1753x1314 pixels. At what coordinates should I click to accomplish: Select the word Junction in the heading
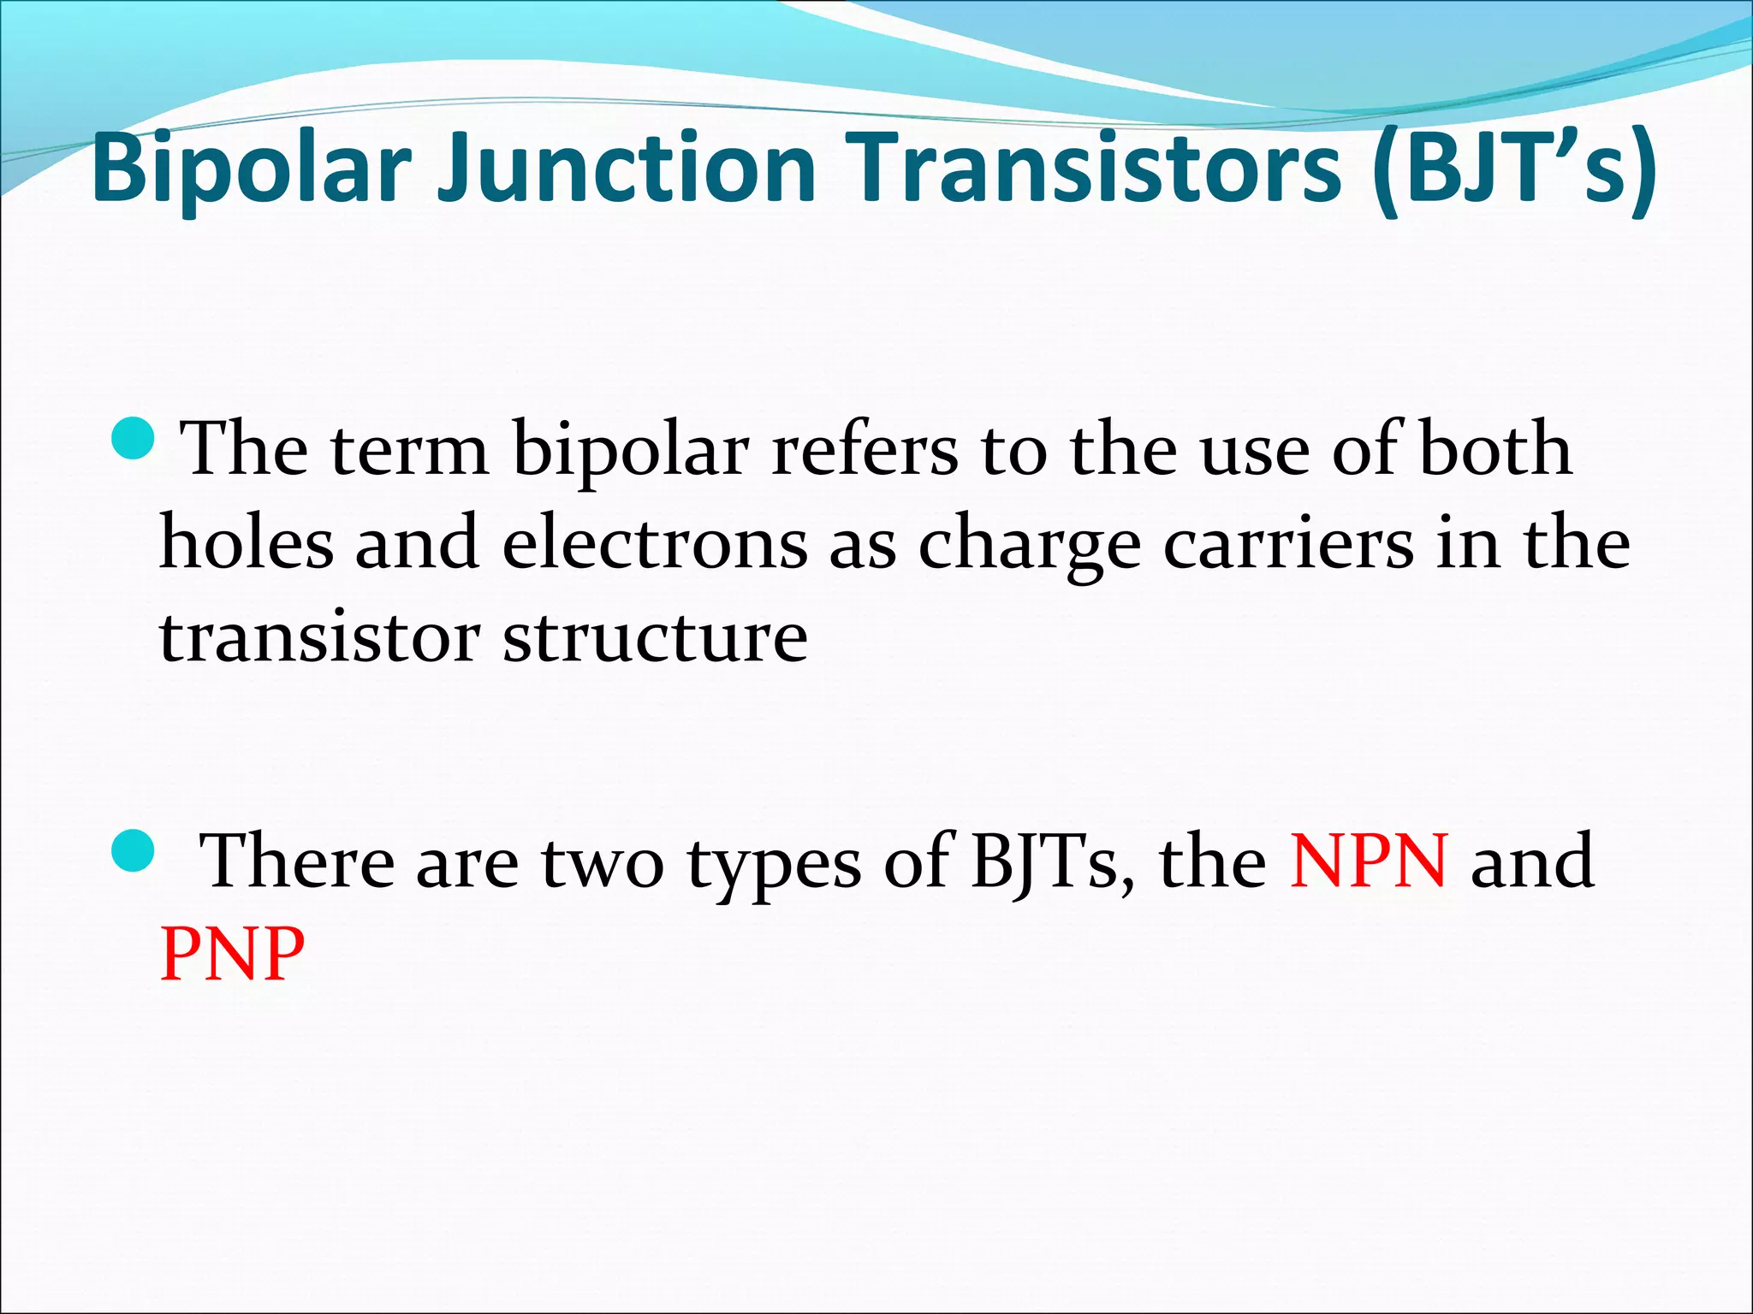pos(626,169)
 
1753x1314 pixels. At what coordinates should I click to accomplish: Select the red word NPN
pos(1369,861)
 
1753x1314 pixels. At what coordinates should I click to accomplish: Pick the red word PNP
pos(232,953)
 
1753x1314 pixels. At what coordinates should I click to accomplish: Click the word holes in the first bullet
pos(247,544)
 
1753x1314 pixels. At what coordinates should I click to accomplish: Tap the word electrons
pos(655,544)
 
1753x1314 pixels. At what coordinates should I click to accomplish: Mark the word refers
pos(865,451)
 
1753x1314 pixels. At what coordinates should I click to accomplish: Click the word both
pos(1495,450)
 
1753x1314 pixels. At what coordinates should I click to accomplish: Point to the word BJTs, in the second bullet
pos(1054,862)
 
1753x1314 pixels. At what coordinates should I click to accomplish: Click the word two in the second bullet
pos(603,862)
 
